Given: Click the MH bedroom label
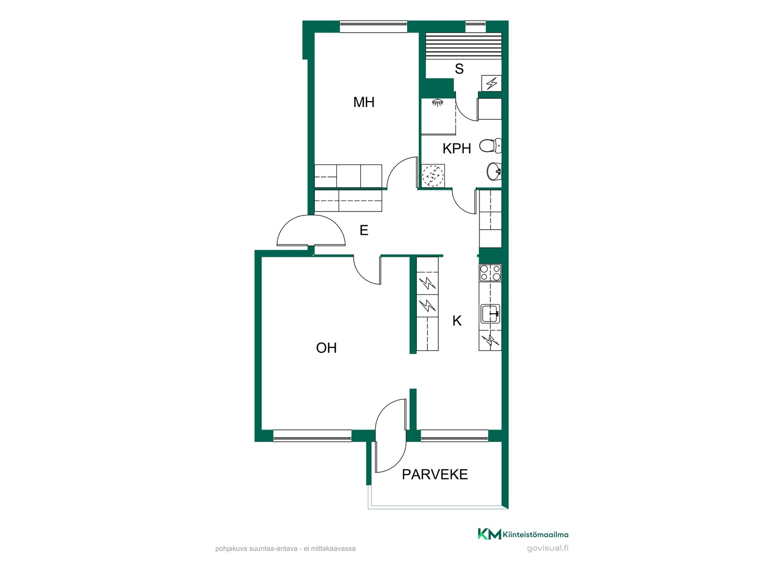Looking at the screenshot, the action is (x=363, y=102).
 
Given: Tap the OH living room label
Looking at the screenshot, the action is (x=326, y=348).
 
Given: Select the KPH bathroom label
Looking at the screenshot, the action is (x=456, y=149).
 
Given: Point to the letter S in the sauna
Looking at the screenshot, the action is (x=459, y=69).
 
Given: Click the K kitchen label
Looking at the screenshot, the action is (x=457, y=321).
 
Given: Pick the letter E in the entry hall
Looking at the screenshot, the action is (x=364, y=230).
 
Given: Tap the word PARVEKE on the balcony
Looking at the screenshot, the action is (x=435, y=474).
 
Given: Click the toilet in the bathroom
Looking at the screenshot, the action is (x=490, y=145).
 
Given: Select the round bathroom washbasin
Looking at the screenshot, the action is (x=494, y=171).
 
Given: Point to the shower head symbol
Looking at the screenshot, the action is (x=437, y=102).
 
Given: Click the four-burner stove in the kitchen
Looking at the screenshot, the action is (x=490, y=272).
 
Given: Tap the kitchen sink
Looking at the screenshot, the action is (x=490, y=314).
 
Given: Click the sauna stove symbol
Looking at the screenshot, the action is (x=491, y=83).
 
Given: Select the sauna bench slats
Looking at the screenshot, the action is (x=463, y=46).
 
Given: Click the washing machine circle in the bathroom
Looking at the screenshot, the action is (x=433, y=176).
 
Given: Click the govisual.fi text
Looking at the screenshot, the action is (x=548, y=548).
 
